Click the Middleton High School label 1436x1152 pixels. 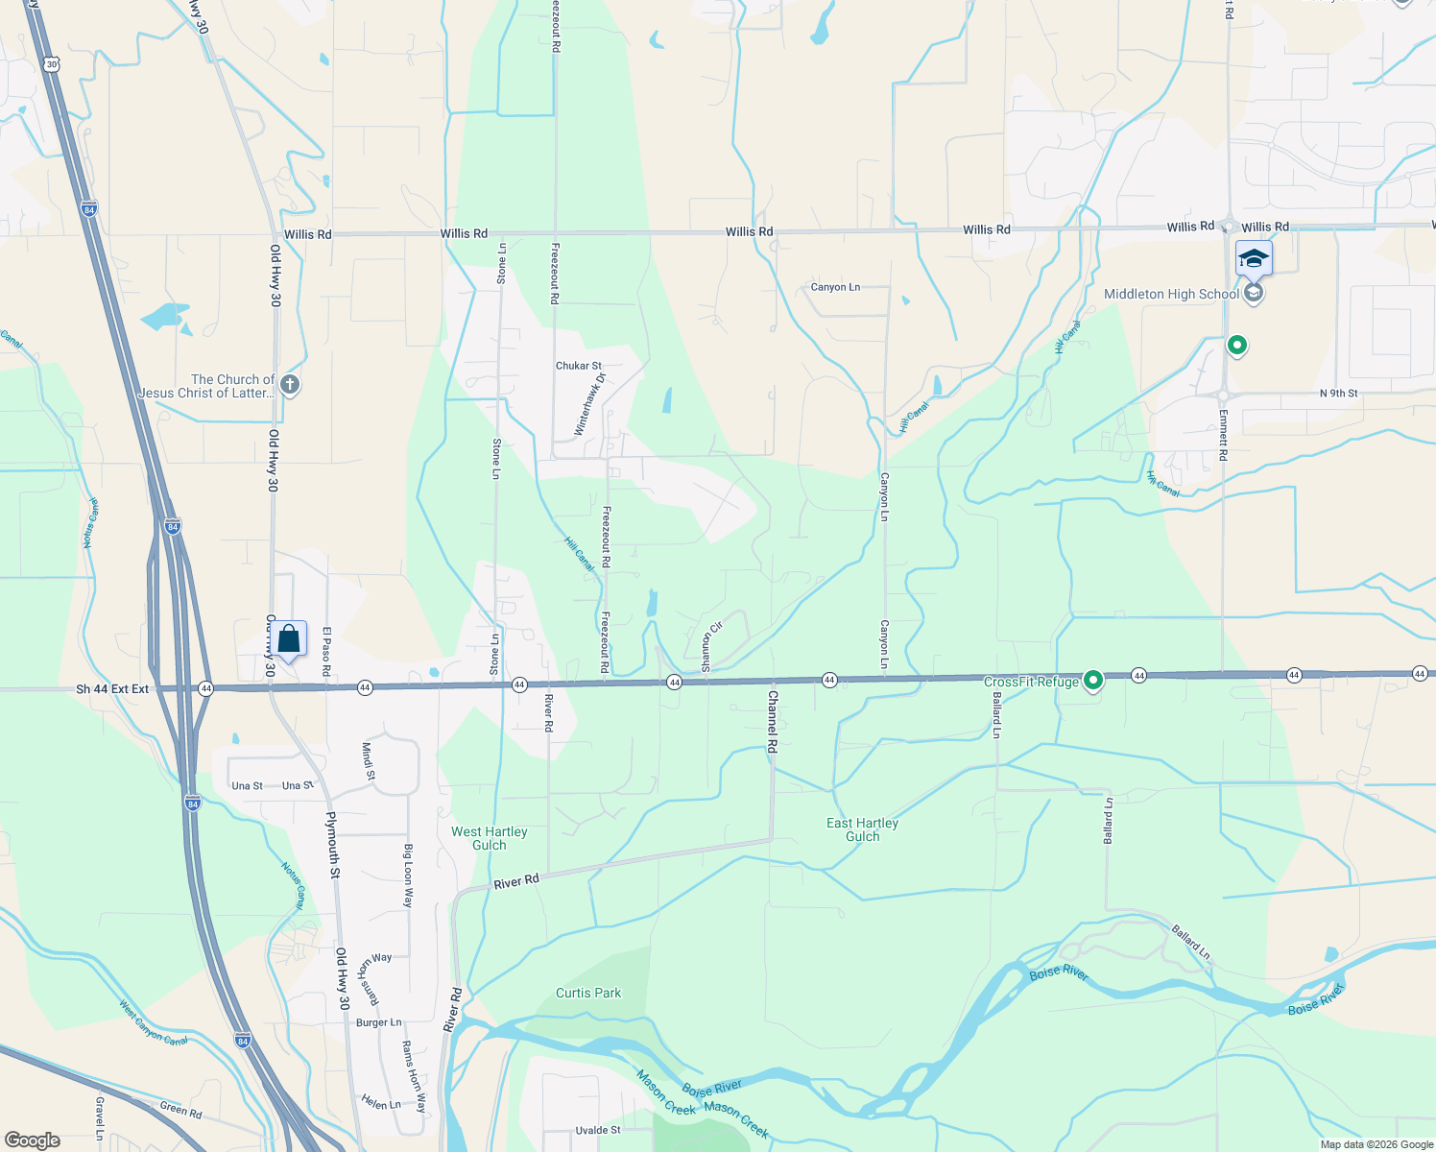[x=1171, y=295]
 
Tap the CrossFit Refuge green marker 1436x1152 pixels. [x=1092, y=681]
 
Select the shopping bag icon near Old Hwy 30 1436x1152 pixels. [x=288, y=638]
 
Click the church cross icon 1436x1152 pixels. [x=289, y=385]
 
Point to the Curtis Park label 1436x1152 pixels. [x=588, y=993]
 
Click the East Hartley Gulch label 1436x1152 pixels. [x=862, y=829]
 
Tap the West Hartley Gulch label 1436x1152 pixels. [x=490, y=838]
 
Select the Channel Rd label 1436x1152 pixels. [x=772, y=720]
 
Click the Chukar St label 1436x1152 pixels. [x=579, y=366]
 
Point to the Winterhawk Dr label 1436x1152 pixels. [x=590, y=405]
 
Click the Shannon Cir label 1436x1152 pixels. [x=710, y=646]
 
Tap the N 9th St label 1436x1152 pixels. [x=1338, y=394]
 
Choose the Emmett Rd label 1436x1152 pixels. [x=1223, y=434]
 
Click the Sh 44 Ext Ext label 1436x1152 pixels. [x=112, y=689]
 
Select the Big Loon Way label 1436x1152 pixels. [x=408, y=876]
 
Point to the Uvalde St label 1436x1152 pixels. [x=598, y=1130]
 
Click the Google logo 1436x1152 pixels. [x=33, y=1140]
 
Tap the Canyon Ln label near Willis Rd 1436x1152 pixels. [x=835, y=287]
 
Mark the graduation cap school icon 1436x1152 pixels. [x=1254, y=257]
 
